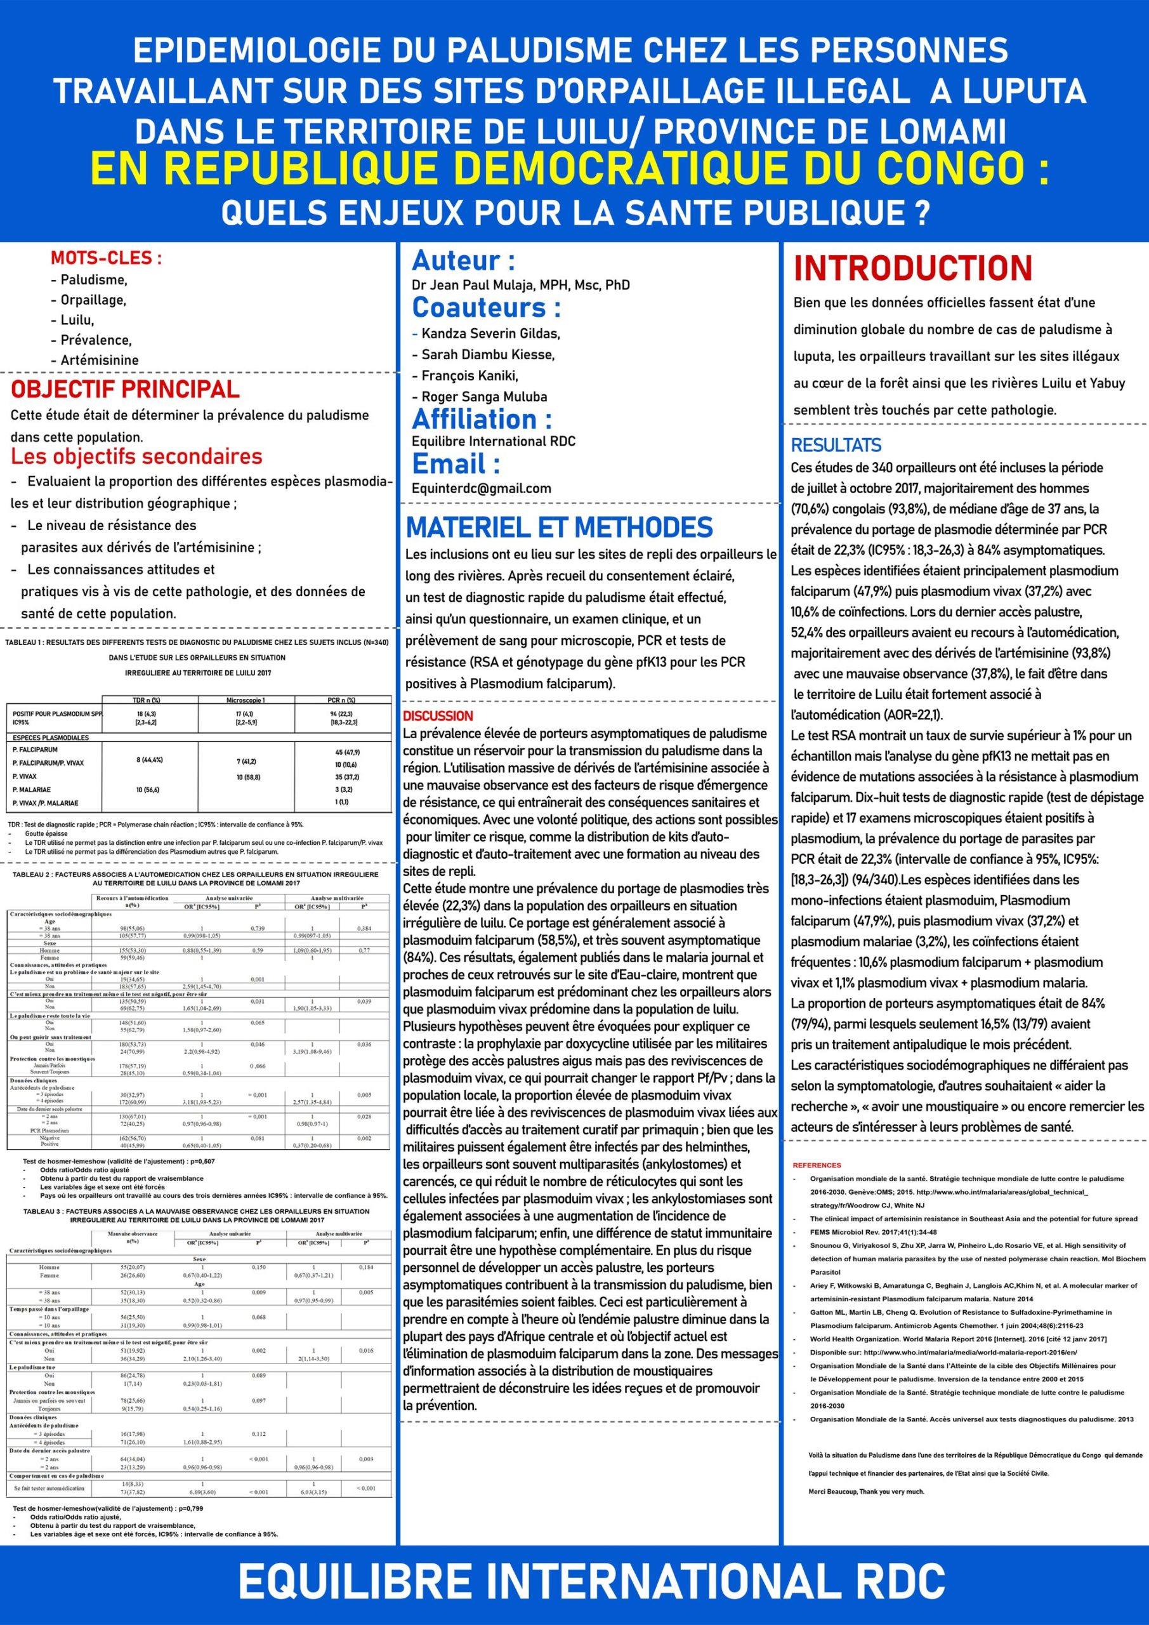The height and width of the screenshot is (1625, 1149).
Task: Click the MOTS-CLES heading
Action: [106, 258]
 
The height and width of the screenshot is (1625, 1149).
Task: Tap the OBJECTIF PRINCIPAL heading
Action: [124, 390]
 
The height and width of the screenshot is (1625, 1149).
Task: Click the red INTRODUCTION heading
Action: [913, 269]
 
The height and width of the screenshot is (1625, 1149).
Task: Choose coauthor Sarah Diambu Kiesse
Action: [487, 355]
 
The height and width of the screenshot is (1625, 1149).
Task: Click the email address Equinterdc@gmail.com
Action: [481, 488]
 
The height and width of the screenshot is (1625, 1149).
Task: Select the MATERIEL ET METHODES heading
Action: [559, 528]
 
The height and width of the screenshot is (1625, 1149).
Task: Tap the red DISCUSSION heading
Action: [438, 716]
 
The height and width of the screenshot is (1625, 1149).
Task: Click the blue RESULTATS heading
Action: [836, 445]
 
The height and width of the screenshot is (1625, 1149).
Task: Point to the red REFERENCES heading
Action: [817, 1165]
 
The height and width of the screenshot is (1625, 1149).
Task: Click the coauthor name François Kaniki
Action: [469, 376]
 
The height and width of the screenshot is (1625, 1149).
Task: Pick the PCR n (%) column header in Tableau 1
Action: [343, 700]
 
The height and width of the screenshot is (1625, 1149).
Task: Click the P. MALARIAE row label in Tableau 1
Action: [32, 789]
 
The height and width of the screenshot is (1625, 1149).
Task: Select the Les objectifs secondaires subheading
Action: [136, 457]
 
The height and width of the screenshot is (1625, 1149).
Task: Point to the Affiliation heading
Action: [482, 420]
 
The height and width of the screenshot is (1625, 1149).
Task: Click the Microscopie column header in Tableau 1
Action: [246, 700]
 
